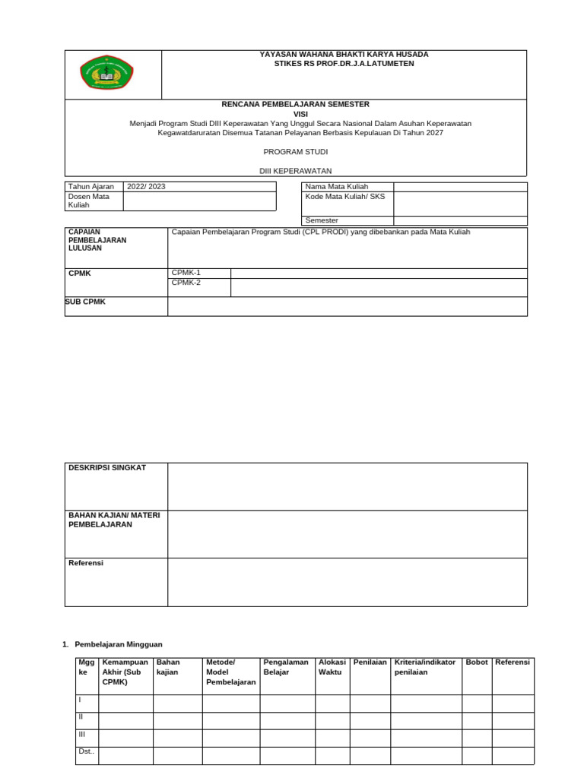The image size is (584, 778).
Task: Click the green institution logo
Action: click(106, 74)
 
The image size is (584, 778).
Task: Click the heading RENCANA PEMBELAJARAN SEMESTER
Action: click(295, 104)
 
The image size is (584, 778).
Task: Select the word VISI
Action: click(295, 113)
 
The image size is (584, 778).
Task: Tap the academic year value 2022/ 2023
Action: click(146, 187)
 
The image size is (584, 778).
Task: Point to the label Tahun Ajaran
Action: click(90, 187)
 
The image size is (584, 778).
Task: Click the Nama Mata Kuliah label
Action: click(336, 187)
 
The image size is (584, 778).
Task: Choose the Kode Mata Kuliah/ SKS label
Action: click(345, 197)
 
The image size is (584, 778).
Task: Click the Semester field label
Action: click(322, 220)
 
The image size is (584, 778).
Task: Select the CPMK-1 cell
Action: click(186, 273)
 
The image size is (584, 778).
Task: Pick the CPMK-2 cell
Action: click(186, 283)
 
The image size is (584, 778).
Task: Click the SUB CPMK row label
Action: click(86, 302)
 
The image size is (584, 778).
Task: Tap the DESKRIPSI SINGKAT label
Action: click(106, 468)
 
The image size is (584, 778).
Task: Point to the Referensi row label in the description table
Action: click(86, 563)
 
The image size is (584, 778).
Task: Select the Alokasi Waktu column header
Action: click(332, 667)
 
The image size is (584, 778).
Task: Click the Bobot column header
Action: click(477, 663)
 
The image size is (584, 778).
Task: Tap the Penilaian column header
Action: click(370, 663)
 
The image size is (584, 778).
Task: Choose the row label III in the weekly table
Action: click(83, 734)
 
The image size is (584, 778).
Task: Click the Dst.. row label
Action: click(85, 751)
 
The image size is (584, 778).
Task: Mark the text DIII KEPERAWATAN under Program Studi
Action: click(295, 171)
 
